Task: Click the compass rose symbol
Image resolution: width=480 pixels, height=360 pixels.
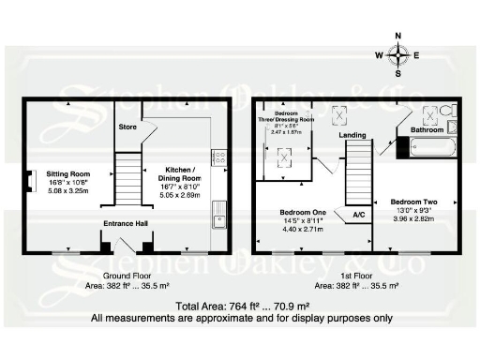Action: (x=397, y=54)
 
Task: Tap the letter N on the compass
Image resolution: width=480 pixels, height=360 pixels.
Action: (x=397, y=37)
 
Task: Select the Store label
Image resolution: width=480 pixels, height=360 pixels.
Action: (x=127, y=126)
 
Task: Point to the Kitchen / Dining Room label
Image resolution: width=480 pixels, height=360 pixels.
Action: (x=177, y=173)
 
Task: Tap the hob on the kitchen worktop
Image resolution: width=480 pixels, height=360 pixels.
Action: (x=218, y=157)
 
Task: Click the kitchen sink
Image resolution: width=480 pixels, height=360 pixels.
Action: (x=217, y=216)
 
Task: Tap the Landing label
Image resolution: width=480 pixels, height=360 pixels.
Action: (x=352, y=135)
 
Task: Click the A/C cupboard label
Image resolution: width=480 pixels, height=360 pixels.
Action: (x=358, y=215)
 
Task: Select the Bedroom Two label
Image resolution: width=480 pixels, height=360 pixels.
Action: (x=412, y=202)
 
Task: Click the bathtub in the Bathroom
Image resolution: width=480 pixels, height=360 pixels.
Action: (x=429, y=146)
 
